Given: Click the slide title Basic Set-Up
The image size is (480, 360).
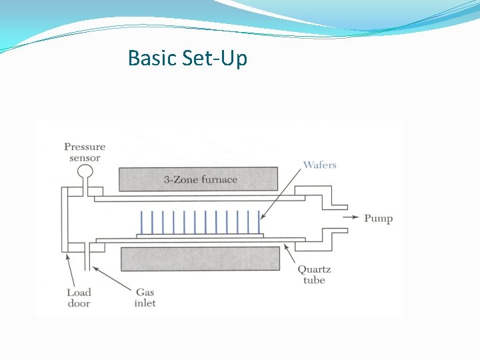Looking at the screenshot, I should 187,58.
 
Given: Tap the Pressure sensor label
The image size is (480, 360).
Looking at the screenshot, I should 85,152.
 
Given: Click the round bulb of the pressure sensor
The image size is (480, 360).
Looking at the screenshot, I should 85,173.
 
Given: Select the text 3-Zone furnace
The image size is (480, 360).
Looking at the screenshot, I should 200,179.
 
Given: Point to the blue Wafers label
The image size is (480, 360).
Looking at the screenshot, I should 320,165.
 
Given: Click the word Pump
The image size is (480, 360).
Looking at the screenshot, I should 378,218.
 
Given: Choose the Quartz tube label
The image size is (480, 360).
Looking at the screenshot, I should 314,275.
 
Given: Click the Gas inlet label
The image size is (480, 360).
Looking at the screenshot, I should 145,297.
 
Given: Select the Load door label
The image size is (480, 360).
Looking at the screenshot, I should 79,297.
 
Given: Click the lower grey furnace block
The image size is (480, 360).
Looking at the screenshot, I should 200,258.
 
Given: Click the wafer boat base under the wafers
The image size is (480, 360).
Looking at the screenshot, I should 200,235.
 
